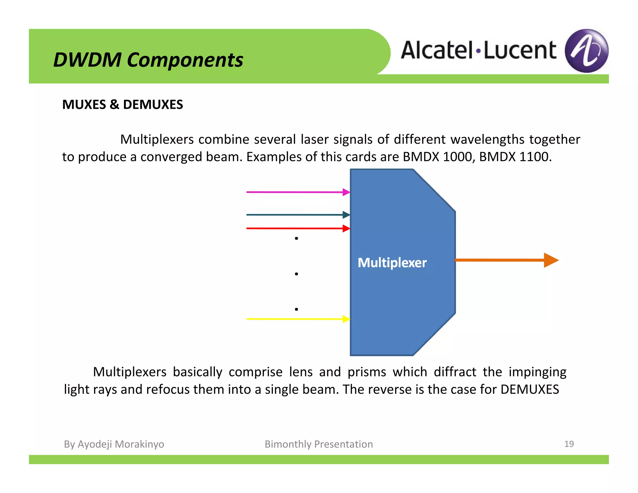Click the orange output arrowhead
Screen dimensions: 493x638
coord(551,260)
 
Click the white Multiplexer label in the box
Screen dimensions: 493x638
coord(392,263)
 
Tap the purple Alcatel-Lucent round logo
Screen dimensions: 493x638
coord(587,51)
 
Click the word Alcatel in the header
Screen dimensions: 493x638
coord(437,50)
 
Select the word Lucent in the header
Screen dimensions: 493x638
coord(520,50)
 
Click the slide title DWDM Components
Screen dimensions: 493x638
coord(148,60)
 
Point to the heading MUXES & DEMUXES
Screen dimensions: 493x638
coord(122,105)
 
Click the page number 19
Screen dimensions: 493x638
coord(569,444)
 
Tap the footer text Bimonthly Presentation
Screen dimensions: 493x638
coord(319,444)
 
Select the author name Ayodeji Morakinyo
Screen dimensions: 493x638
coord(121,444)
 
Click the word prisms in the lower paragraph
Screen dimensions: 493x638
coord(367,372)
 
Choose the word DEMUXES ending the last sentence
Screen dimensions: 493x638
coord(530,390)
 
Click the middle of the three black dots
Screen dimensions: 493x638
coord(296,274)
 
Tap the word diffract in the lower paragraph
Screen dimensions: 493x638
coord(455,372)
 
